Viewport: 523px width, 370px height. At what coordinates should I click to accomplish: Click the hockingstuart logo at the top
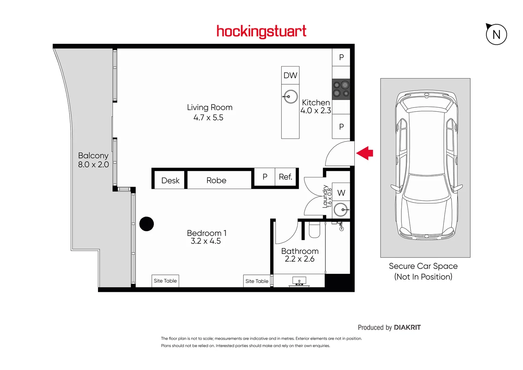(x=261, y=32)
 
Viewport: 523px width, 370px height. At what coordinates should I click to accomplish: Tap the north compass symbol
(x=496, y=35)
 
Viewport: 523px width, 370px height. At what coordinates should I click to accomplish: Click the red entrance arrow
(x=365, y=153)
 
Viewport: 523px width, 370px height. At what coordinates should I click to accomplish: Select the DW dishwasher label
(x=290, y=75)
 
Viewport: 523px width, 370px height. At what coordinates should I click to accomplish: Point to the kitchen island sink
(x=290, y=97)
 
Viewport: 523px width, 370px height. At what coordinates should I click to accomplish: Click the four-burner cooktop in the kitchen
(x=341, y=89)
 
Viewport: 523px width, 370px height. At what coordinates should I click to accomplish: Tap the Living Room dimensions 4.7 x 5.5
(x=208, y=118)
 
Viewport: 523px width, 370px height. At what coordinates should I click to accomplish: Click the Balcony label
(x=93, y=156)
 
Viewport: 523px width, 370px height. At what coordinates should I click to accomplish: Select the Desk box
(x=170, y=181)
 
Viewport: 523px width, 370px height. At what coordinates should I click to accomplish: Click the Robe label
(x=216, y=181)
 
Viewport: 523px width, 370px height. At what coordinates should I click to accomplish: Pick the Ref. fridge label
(x=285, y=177)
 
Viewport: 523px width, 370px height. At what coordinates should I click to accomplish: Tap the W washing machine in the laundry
(x=341, y=193)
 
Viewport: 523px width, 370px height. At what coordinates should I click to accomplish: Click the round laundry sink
(x=341, y=209)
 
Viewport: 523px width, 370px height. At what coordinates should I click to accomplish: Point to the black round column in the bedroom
(x=147, y=224)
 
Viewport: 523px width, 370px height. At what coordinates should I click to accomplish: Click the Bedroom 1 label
(x=207, y=233)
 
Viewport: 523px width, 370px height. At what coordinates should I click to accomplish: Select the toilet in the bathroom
(x=314, y=230)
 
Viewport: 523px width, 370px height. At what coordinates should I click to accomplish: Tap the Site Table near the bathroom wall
(x=257, y=281)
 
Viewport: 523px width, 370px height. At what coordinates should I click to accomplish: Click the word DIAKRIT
(x=407, y=328)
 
